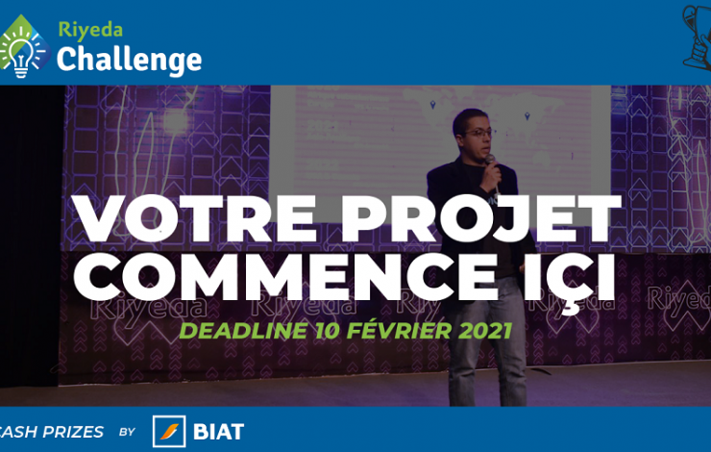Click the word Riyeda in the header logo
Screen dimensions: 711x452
tap(90, 31)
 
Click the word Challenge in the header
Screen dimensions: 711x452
tap(130, 61)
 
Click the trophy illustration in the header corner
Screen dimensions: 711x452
tap(697, 38)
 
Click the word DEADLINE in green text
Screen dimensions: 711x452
tap(243, 331)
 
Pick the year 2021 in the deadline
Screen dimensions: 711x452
tap(485, 331)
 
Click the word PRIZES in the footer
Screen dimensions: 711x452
tap(73, 432)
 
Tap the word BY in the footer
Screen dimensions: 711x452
tap(128, 432)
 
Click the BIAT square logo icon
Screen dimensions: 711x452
tap(169, 431)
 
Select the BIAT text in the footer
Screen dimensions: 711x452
tap(218, 432)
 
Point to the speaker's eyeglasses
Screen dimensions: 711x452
tap(478, 134)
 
